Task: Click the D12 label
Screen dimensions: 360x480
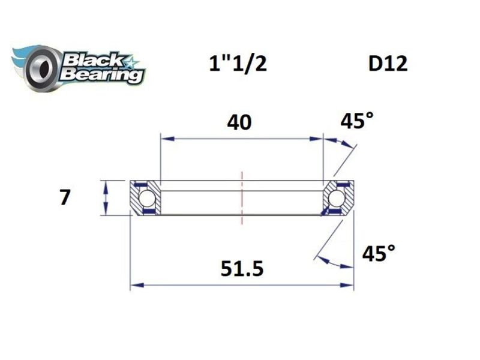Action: point(388,64)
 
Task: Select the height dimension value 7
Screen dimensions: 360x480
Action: point(65,197)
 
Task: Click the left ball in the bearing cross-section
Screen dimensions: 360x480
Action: point(146,198)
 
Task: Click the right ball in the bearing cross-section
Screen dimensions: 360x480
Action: point(337,198)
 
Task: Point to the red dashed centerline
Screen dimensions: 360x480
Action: point(242,198)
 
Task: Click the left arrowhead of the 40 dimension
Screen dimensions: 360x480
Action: point(166,139)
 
